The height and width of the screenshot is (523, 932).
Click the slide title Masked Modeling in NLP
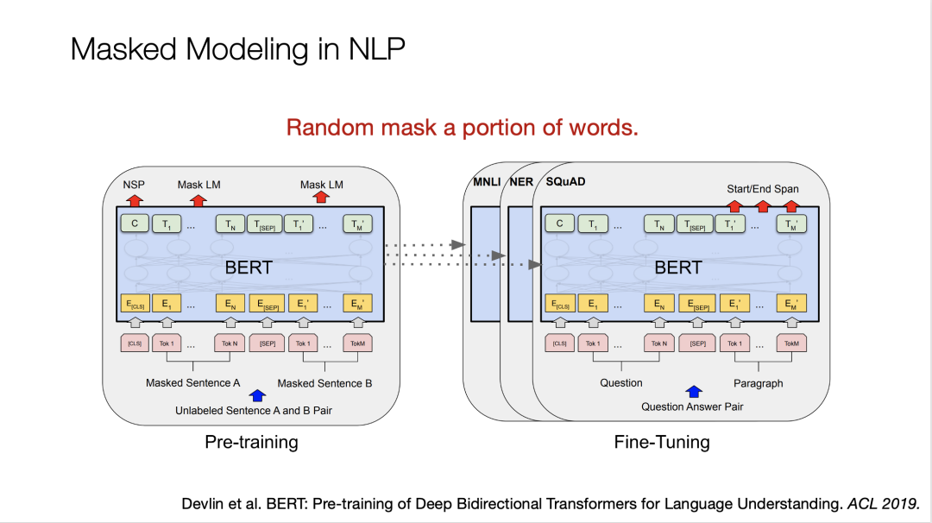(237, 49)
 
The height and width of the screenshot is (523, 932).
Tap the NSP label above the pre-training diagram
(134, 185)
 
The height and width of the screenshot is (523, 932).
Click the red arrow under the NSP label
(134, 200)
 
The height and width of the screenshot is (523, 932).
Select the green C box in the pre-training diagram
(134, 224)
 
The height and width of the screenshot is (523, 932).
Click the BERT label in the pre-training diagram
(249, 268)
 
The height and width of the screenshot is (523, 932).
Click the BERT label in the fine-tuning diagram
(677, 268)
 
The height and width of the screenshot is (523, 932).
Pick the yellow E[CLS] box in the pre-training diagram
(134, 304)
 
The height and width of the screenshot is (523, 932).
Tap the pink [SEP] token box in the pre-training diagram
(267, 343)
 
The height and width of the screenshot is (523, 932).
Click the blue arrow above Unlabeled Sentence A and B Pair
(256, 396)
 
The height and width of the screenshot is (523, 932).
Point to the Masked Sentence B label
(324, 383)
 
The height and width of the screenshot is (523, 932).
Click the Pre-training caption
(251, 443)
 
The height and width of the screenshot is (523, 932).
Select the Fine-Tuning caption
(662, 443)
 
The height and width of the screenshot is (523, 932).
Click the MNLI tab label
(487, 183)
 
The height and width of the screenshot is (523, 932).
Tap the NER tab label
(521, 183)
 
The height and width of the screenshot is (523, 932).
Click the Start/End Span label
(763, 189)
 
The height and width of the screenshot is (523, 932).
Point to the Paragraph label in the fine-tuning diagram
(758, 383)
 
